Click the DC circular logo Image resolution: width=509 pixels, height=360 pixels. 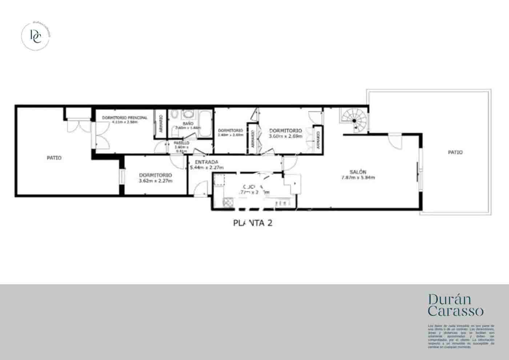[x=36, y=36]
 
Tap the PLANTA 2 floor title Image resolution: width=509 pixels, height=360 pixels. [x=252, y=223]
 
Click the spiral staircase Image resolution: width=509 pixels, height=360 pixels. [x=353, y=120]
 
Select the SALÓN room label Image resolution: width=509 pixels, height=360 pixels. [x=358, y=172]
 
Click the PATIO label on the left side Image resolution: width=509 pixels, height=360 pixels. [x=54, y=158]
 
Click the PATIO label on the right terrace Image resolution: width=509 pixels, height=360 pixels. [x=455, y=152]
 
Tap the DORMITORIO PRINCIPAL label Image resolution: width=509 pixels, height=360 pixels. [x=124, y=118]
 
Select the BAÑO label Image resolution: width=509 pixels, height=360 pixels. [x=188, y=124]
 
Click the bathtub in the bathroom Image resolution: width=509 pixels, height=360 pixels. [x=205, y=124]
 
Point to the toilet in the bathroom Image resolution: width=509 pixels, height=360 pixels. [x=174, y=116]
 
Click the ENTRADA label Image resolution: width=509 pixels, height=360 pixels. [x=206, y=162]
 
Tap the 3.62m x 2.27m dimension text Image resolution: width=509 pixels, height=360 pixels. [x=155, y=180]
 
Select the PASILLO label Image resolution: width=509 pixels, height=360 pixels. [x=181, y=143]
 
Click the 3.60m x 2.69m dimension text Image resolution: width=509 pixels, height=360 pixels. [x=285, y=136]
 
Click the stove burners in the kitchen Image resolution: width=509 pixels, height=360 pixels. [x=228, y=202]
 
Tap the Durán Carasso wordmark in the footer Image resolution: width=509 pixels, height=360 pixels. [x=456, y=305]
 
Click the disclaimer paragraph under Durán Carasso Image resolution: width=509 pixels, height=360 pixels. [x=461, y=336]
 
